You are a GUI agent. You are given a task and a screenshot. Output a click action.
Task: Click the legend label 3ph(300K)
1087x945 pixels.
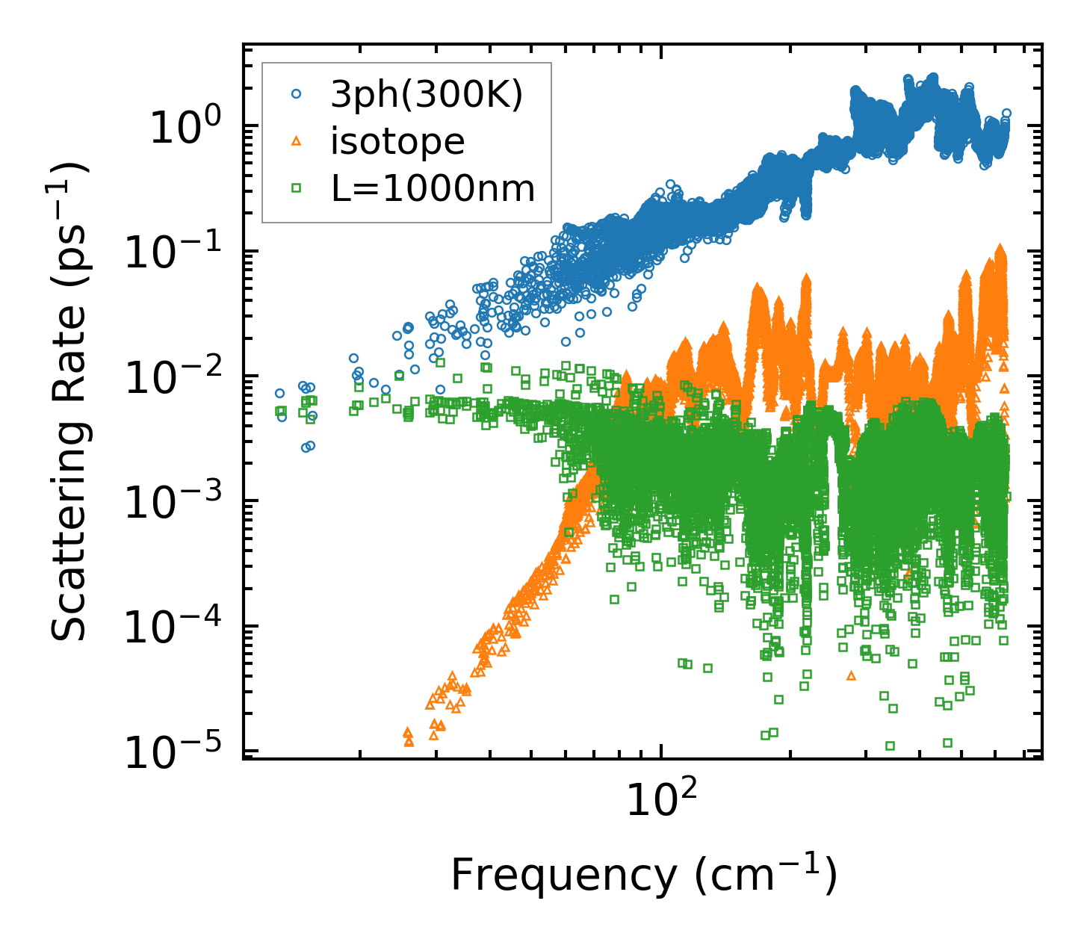[x=427, y=96]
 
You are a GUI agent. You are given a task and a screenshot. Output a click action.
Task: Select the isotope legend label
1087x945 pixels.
[x=397, y=142]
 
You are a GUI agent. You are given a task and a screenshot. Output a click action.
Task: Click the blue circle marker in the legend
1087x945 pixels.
[x=297, y=95]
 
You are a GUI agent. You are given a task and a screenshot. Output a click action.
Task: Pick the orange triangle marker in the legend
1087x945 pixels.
[x=297, y=141]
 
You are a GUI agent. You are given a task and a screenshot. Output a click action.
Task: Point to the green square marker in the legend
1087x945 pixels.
[x=297, y=188]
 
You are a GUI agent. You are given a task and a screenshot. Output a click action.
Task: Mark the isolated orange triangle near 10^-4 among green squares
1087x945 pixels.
[x=851, y=675]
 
